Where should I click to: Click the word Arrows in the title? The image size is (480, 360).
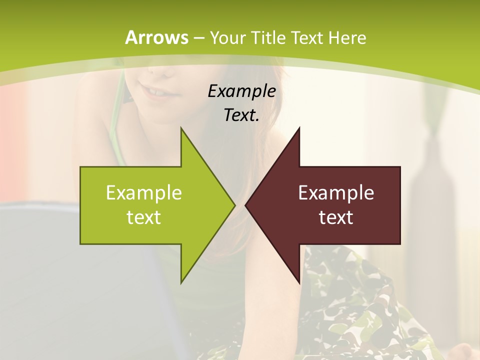click(156, 37)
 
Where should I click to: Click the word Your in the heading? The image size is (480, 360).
click(228, 37)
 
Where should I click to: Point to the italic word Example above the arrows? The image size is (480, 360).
click(242, 91)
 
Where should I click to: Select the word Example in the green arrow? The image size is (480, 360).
click(144, 193)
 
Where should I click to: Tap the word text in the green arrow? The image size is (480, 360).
click(144, 217)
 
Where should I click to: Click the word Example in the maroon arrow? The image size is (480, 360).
click(336, 193)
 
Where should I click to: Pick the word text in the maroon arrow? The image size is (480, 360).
click(336, 217)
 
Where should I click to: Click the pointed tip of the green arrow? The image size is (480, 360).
click(233, 205)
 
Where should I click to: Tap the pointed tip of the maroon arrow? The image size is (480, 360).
click(247, 205)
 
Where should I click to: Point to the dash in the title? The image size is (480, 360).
click(198, 38)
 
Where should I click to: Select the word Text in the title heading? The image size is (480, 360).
click(307, 37)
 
